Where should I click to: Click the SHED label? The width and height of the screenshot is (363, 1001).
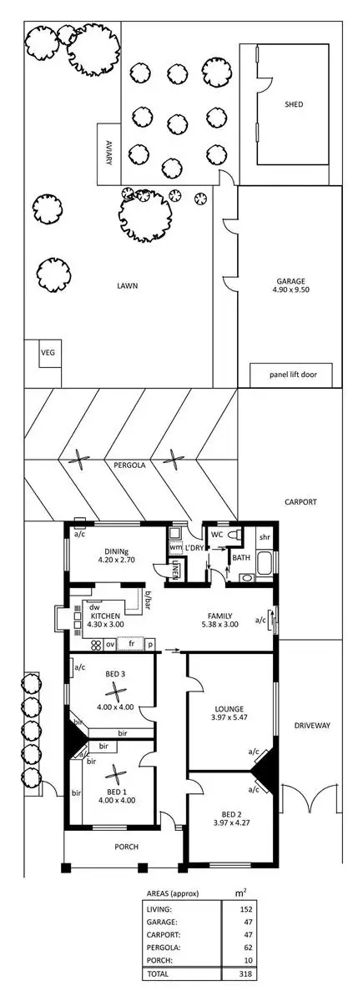(293, 104)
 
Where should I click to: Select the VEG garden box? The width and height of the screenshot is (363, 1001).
(47, 353)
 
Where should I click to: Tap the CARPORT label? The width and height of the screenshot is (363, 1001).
(301, 502)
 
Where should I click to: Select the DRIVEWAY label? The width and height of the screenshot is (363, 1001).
(313, 726)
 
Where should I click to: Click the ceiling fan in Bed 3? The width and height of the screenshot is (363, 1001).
(111, 690)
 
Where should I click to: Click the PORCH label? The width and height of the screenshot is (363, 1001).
(127, 847)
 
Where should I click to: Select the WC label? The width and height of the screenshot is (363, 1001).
(216, 533)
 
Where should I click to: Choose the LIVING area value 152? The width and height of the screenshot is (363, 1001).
(245, 908)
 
